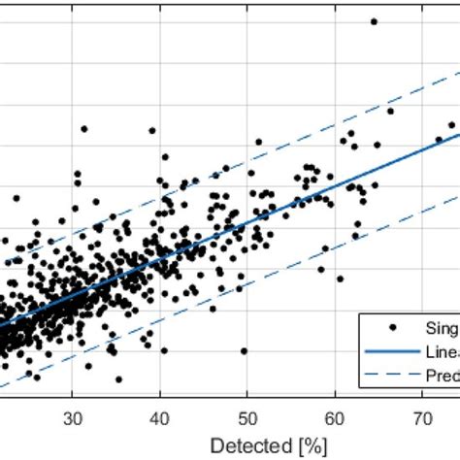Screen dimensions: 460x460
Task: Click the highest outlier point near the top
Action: point(374,20)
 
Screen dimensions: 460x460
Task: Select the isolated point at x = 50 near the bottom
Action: point(244,351)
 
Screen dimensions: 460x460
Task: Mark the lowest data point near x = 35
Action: point(118,379)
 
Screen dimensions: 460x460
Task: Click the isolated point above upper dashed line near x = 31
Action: point(84,128)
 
